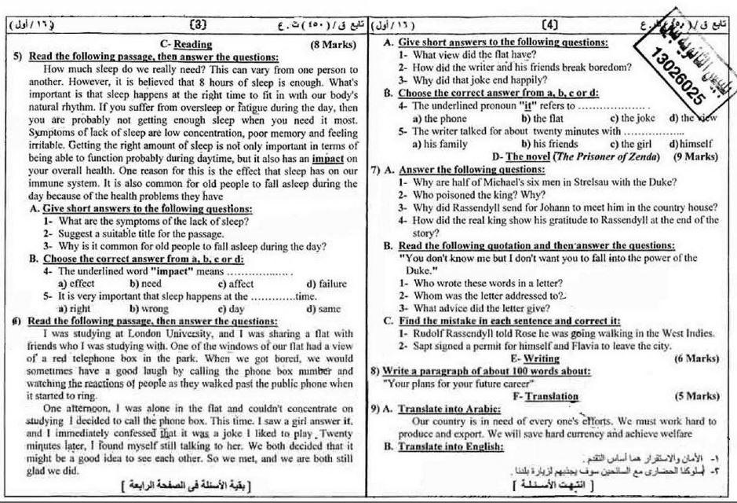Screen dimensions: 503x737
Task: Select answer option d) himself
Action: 690,144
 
